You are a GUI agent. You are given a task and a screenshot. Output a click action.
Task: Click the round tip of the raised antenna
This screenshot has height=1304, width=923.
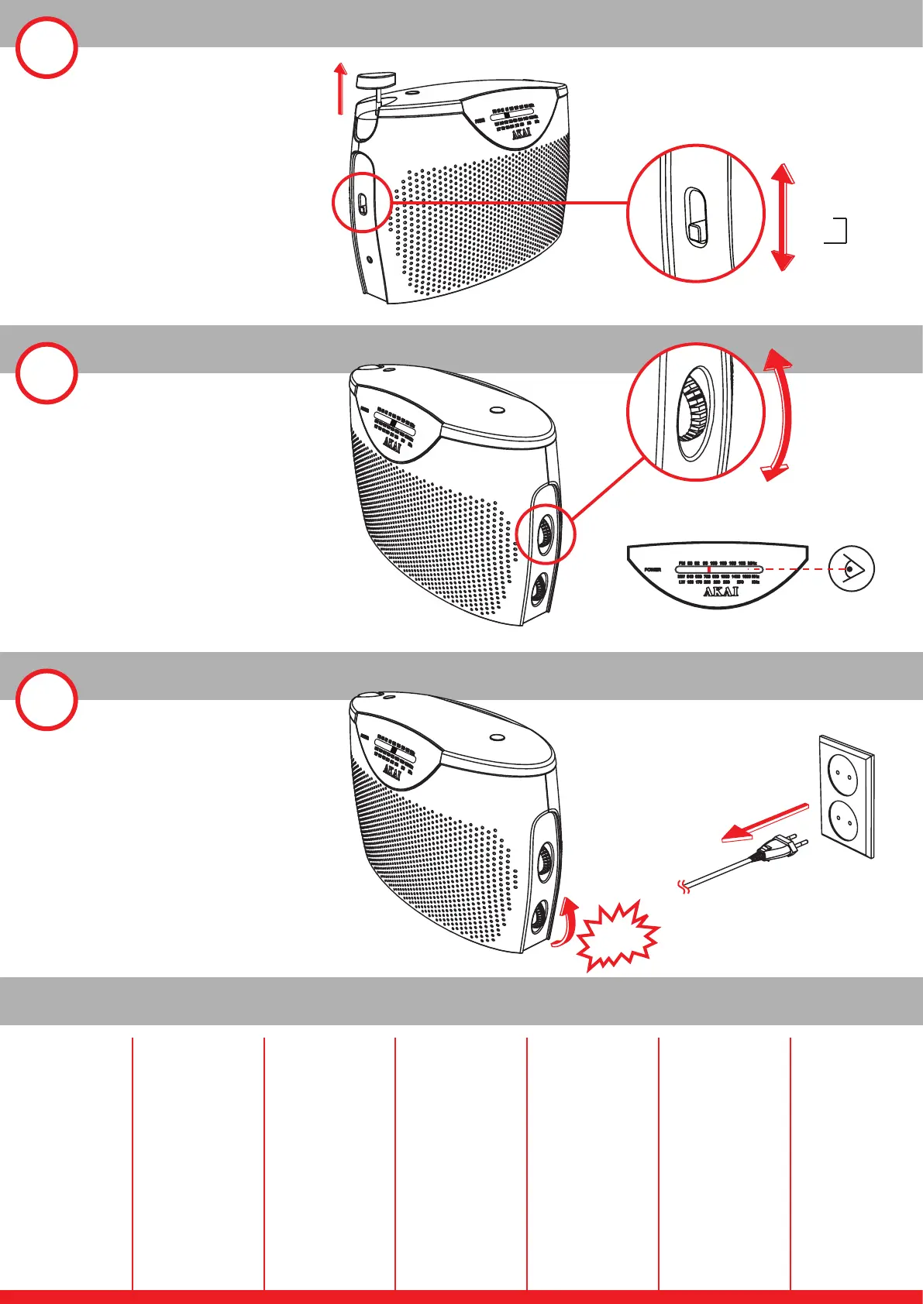click(376, 78)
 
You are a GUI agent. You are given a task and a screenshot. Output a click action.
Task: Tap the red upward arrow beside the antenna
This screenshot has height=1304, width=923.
click(339, 89)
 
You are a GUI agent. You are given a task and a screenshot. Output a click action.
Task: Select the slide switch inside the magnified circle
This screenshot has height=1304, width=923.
click(696, 218)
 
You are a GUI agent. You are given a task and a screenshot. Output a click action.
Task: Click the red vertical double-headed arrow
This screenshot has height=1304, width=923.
click(784, 218)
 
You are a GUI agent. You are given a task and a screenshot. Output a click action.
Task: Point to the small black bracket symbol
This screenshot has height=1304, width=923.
click(837, 232)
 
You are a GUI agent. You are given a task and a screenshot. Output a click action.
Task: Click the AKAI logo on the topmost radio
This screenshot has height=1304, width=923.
click(522, 132)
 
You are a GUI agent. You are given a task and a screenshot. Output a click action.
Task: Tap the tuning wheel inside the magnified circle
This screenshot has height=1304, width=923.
click(690, 414)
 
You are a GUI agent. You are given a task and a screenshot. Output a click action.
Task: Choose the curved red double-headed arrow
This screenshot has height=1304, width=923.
click(781, 414)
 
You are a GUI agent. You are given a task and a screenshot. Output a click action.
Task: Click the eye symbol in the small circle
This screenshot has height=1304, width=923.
click(851, 569)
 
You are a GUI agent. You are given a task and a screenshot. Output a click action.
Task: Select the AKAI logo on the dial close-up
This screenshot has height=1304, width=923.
click(721, 592)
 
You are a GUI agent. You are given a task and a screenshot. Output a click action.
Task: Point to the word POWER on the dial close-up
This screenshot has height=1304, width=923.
click(653, 569)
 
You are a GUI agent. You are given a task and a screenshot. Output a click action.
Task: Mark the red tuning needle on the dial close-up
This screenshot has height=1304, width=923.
click(708, 569)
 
